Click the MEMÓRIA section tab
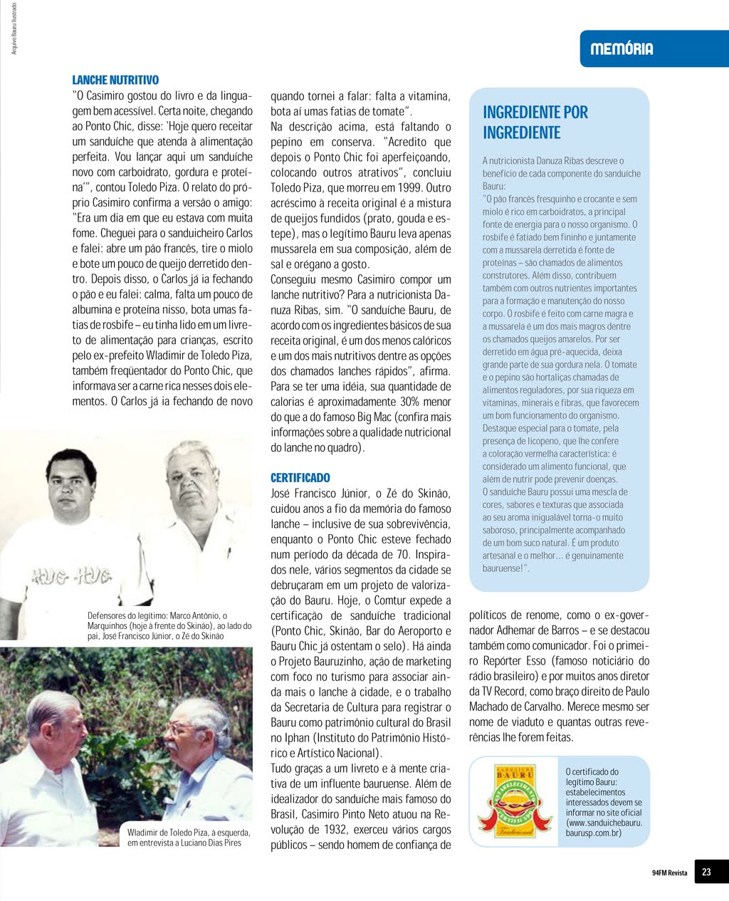622,49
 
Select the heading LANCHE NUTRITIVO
115,80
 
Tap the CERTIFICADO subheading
300,478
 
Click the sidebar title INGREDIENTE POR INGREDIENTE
535,123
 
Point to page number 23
706,872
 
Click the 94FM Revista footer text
669,873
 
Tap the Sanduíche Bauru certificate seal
516,801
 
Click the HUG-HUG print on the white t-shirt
71,576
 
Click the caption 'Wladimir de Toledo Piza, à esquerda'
189,837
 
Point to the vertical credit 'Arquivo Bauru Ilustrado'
15,28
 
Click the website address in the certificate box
604,828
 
